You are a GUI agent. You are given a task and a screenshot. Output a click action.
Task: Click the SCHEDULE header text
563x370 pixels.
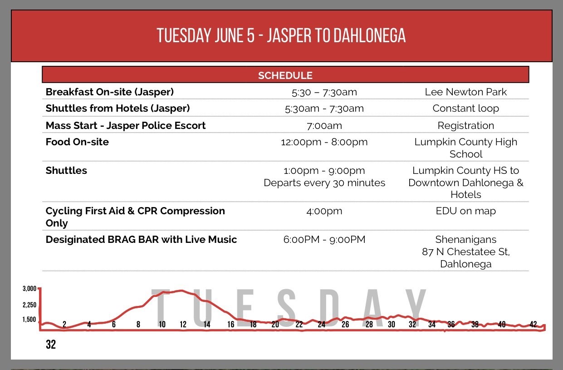[x=285, y=75]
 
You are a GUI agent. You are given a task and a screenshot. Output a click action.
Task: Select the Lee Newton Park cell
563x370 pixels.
[x=466, y=92]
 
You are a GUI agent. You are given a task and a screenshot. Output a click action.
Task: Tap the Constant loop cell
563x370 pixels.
[x=466, y=109]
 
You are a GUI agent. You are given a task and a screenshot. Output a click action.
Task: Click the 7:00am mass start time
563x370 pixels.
[x=324, y=125]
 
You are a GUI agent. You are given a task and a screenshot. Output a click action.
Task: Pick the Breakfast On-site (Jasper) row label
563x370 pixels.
[x=110, y=92]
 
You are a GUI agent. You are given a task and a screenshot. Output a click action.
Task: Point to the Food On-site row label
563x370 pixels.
[x=77, y=142]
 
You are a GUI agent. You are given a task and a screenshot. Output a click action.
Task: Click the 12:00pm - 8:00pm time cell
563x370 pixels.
[x=324, y=142]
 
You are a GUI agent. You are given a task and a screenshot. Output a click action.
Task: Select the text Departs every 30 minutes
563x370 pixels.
[x=324, y=183]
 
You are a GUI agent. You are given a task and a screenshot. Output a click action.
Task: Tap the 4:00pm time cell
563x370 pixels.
[x=324, y=211]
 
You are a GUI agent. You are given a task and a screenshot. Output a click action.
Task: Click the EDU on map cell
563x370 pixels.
[x=466, y=211]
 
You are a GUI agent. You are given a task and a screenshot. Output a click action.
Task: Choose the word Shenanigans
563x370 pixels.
[x=466, y=240]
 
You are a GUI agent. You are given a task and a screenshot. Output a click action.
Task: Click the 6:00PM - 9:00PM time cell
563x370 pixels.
[x=324, y=239]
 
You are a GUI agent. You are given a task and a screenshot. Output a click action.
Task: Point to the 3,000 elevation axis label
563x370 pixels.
[x=29, y=288]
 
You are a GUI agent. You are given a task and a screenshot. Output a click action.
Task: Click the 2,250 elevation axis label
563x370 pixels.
[x=29, y=305]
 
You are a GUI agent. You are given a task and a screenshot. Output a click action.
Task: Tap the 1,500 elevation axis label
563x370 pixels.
[x=29, y=320]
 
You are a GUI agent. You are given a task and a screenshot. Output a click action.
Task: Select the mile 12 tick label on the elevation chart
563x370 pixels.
[x=183, y=324]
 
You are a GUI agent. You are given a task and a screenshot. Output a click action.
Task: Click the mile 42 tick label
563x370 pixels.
[x=533, y=324]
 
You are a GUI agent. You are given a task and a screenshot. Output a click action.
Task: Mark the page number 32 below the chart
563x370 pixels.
[x=51, y=344]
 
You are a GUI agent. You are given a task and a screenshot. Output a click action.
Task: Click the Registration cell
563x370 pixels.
[x=466, y=125]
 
